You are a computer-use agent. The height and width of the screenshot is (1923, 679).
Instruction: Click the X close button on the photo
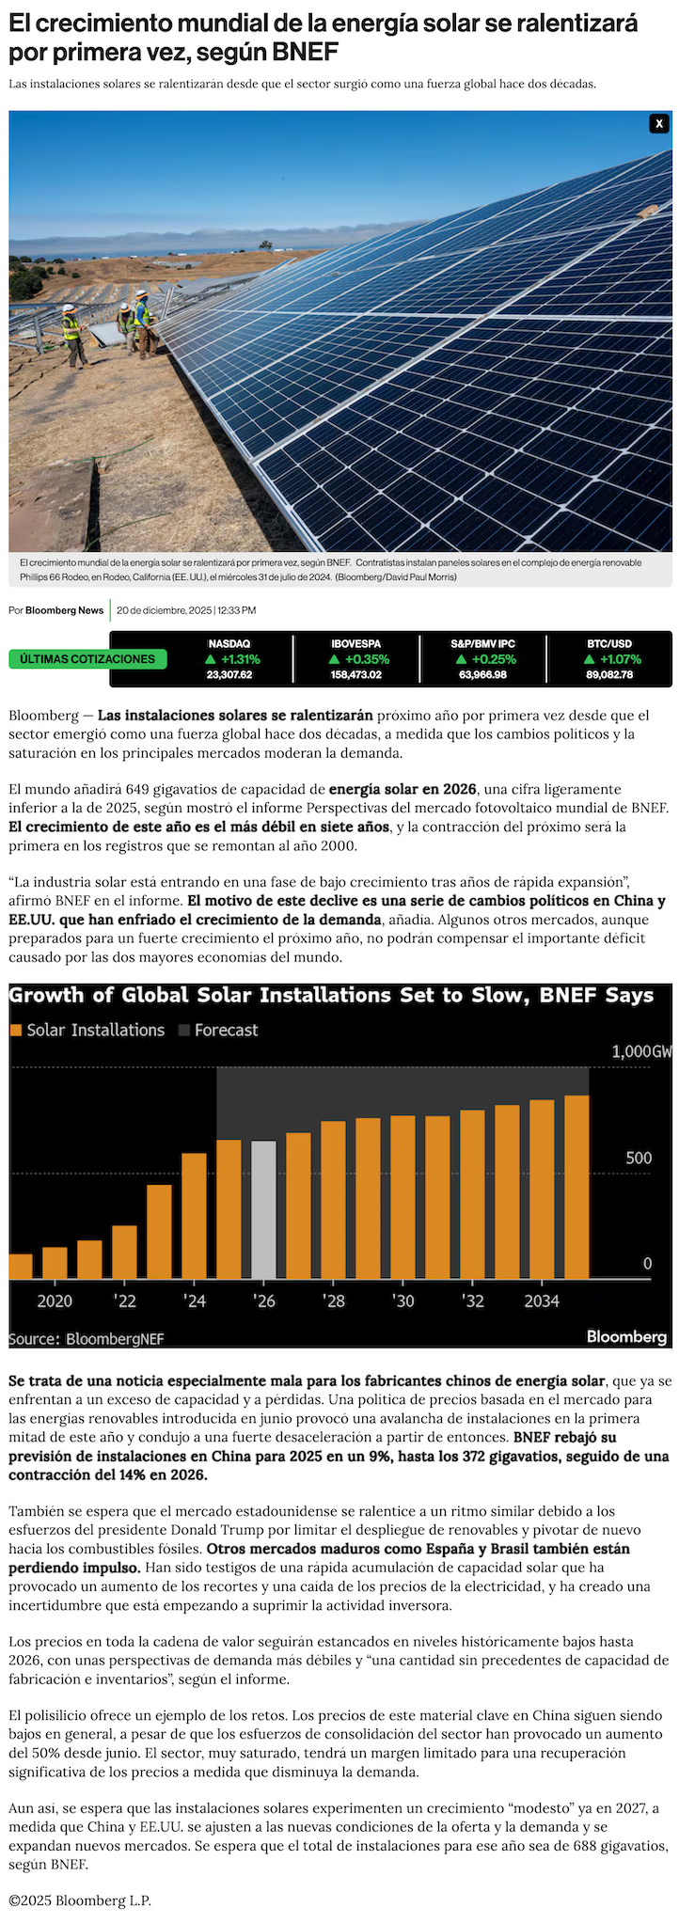click(x=659, y=123)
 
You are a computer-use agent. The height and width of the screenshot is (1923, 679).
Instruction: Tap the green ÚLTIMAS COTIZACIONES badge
click(x=87, y=659)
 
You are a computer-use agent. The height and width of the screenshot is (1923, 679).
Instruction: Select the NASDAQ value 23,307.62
click(x=229, y=674)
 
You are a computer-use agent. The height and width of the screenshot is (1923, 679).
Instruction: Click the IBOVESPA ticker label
click(x=355, y=644)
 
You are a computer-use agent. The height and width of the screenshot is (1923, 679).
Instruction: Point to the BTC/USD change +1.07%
click(x=613, y=659)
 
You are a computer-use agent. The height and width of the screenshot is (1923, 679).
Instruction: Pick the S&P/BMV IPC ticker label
click(x=482, y=644)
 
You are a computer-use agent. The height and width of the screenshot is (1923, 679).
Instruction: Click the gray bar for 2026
click(x=264, y=1209)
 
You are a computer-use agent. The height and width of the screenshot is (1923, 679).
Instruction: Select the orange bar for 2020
click(x=55, y=1262)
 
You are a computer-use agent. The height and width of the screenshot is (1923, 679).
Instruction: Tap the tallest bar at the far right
click(x=576, y=1187)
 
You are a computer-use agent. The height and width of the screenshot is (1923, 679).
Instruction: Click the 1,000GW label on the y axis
click(x=642, y=1051)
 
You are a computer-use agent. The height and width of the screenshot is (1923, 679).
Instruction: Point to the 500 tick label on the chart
click(x=639, y=1158)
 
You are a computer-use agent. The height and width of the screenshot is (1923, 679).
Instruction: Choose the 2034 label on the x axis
click(x=542, y=1301)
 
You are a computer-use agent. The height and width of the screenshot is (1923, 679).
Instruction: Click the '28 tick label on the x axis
click(x=334, y=1301)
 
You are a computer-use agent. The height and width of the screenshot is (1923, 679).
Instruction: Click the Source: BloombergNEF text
click(x=87, y=1338)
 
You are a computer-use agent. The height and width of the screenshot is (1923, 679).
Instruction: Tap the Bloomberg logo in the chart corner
click(x=626, y=1336)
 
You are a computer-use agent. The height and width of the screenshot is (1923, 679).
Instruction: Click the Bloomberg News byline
click(x=64, y=610)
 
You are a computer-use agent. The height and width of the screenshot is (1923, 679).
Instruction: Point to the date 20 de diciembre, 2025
click(x=164, y=610)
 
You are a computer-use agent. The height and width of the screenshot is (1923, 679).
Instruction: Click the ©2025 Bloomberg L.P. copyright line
click(x=80, y=1899)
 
